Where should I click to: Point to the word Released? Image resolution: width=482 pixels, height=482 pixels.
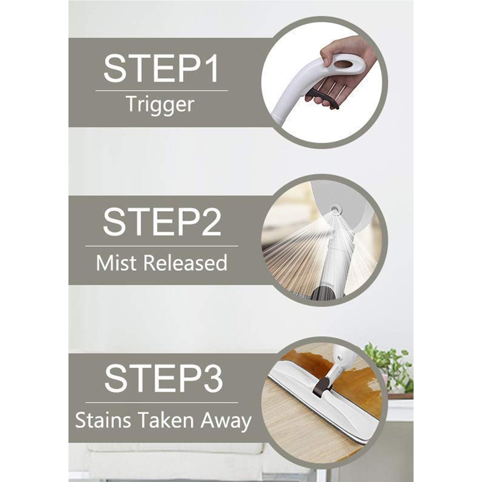coord(185,263)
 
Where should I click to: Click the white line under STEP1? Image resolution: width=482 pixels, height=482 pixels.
coord(161,91)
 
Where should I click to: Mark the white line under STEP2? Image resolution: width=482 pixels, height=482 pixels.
coord(161,246)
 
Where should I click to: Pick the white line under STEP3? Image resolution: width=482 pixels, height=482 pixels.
coord(161,402)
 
